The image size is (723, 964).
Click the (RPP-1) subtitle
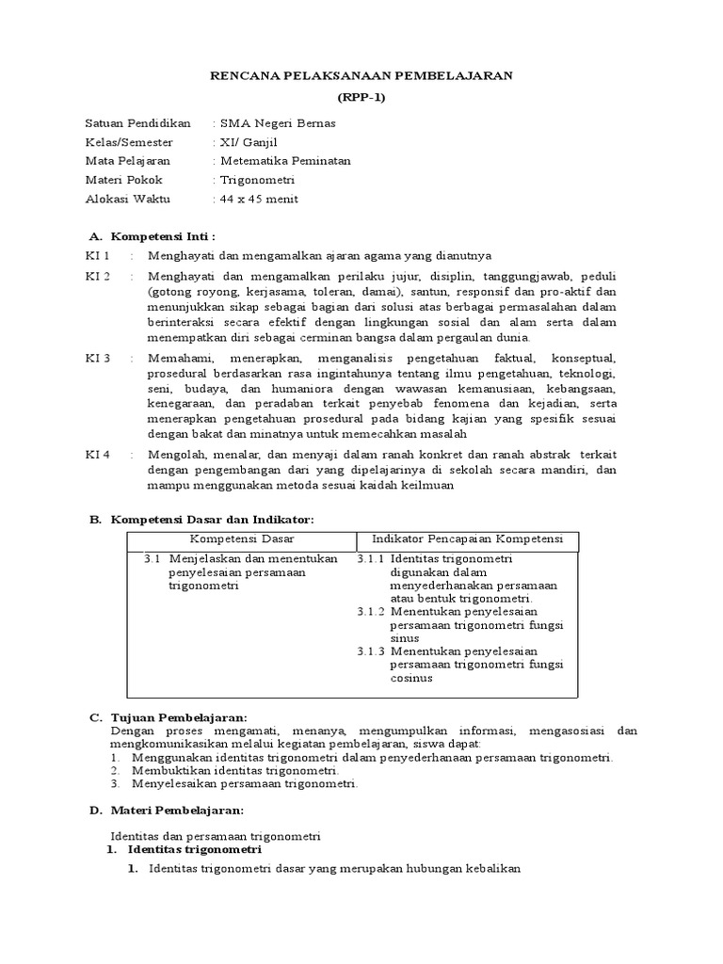(361, 97)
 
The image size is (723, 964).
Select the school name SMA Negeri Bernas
(276, 123)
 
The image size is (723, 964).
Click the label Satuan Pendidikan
(137, 123)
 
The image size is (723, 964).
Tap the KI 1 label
(98, 256)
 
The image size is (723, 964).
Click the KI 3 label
(98, 359)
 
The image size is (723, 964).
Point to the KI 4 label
(98, 454)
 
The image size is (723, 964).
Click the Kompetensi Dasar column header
(242, 539)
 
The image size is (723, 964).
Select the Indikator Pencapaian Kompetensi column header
(467, 539)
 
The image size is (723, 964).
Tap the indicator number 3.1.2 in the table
(371, 611)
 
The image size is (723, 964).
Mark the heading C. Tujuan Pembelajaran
(168, 717)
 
